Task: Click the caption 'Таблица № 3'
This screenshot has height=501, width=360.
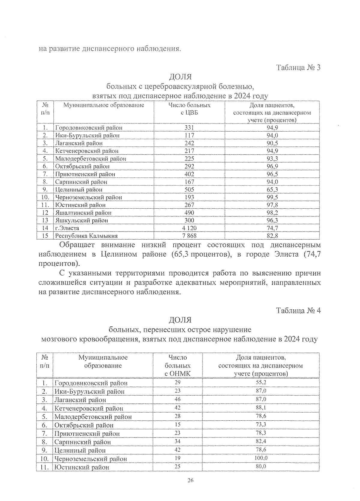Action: click(x=298, y=67)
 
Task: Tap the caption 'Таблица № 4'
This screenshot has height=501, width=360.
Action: click(x=298, y=311)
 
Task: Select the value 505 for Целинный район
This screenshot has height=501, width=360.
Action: click(x=189, y=189)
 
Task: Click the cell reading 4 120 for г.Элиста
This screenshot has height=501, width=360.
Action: click(x=189, y=228)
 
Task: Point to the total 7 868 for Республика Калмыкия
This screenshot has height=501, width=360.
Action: click(x=189, y=236)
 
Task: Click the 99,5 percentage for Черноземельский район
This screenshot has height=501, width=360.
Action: click(x=272, y=197)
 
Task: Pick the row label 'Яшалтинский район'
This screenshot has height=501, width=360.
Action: click(x=83, y=213)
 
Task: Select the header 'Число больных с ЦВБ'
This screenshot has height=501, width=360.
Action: click(x=189, y=109)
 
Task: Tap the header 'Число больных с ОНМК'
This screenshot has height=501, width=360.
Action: click(x=178, y=365)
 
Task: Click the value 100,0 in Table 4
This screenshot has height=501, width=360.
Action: click(x=260, y=458)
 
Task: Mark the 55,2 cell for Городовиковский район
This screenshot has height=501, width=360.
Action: click(x=260, y=383)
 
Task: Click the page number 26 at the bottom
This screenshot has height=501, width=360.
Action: click(x=190, y=481)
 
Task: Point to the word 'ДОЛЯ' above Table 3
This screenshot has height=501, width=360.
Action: click(x=180, y=77)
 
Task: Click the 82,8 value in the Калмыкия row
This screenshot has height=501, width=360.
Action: click(x=272, y=236)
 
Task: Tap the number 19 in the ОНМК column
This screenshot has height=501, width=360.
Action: click(x=178, y=458)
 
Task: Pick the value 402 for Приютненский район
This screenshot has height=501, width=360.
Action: click(x=189, y=174)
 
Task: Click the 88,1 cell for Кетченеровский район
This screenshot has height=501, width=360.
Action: click(x=260, y=408)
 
